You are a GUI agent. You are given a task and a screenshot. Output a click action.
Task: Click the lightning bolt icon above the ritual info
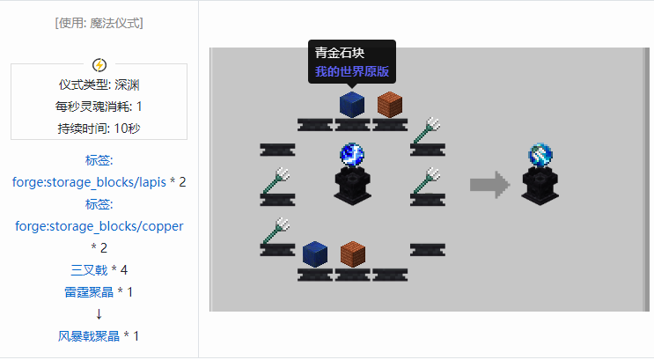[99, 64]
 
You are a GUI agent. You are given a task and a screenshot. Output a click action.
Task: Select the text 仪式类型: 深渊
[99, 85]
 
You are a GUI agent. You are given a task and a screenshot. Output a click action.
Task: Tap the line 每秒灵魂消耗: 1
[99, 107]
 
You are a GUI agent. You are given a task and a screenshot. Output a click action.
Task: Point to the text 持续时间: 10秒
[99, 128]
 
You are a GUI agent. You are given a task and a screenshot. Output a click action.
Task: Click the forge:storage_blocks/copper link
[99, 226]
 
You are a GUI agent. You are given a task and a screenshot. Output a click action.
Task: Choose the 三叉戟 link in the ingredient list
[89, 269]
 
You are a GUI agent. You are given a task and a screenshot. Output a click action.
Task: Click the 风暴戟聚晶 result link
[89, 336]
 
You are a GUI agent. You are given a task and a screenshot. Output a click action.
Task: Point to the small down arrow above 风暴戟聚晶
[99, 314]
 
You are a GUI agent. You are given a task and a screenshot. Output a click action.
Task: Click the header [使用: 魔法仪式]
[99, 23]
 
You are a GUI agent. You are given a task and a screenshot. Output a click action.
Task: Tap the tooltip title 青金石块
[334, 53]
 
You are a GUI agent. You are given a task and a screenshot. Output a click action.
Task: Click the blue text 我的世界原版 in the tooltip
[352, 70]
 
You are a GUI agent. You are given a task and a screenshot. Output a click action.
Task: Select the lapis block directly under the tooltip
[352, 104]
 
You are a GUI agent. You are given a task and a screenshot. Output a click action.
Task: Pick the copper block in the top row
[389, 104]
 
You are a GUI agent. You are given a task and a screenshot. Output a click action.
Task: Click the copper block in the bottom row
[352, 253]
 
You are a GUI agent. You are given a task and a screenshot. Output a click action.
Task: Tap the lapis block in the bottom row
[314, 253]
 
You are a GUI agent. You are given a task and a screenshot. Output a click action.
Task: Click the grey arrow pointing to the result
[489, 185]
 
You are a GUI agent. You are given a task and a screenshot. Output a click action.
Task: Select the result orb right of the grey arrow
[540, 156]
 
